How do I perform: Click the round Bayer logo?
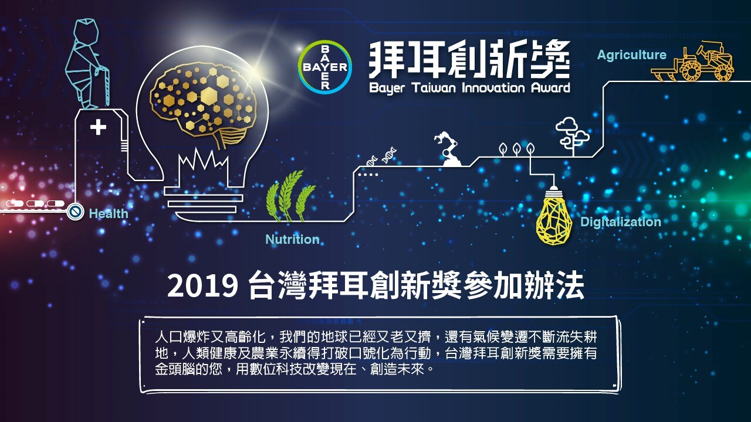tap(324, 67)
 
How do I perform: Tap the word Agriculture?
tap(632, 55)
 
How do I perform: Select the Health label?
tap(109, 214)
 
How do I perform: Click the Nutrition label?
tap(292, 239)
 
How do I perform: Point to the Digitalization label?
tap(621, 222)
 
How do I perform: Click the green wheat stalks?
tap(289, 196)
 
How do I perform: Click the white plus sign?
tap(98, 127)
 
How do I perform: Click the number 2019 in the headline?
tap(202, 285)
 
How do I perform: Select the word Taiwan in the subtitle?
tap(434, 88)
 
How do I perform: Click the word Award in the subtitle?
tap(550, 88)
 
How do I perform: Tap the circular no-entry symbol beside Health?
tap(75, 212)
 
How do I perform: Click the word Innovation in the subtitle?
tap(493, 88)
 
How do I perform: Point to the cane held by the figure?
tap(105, 86)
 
